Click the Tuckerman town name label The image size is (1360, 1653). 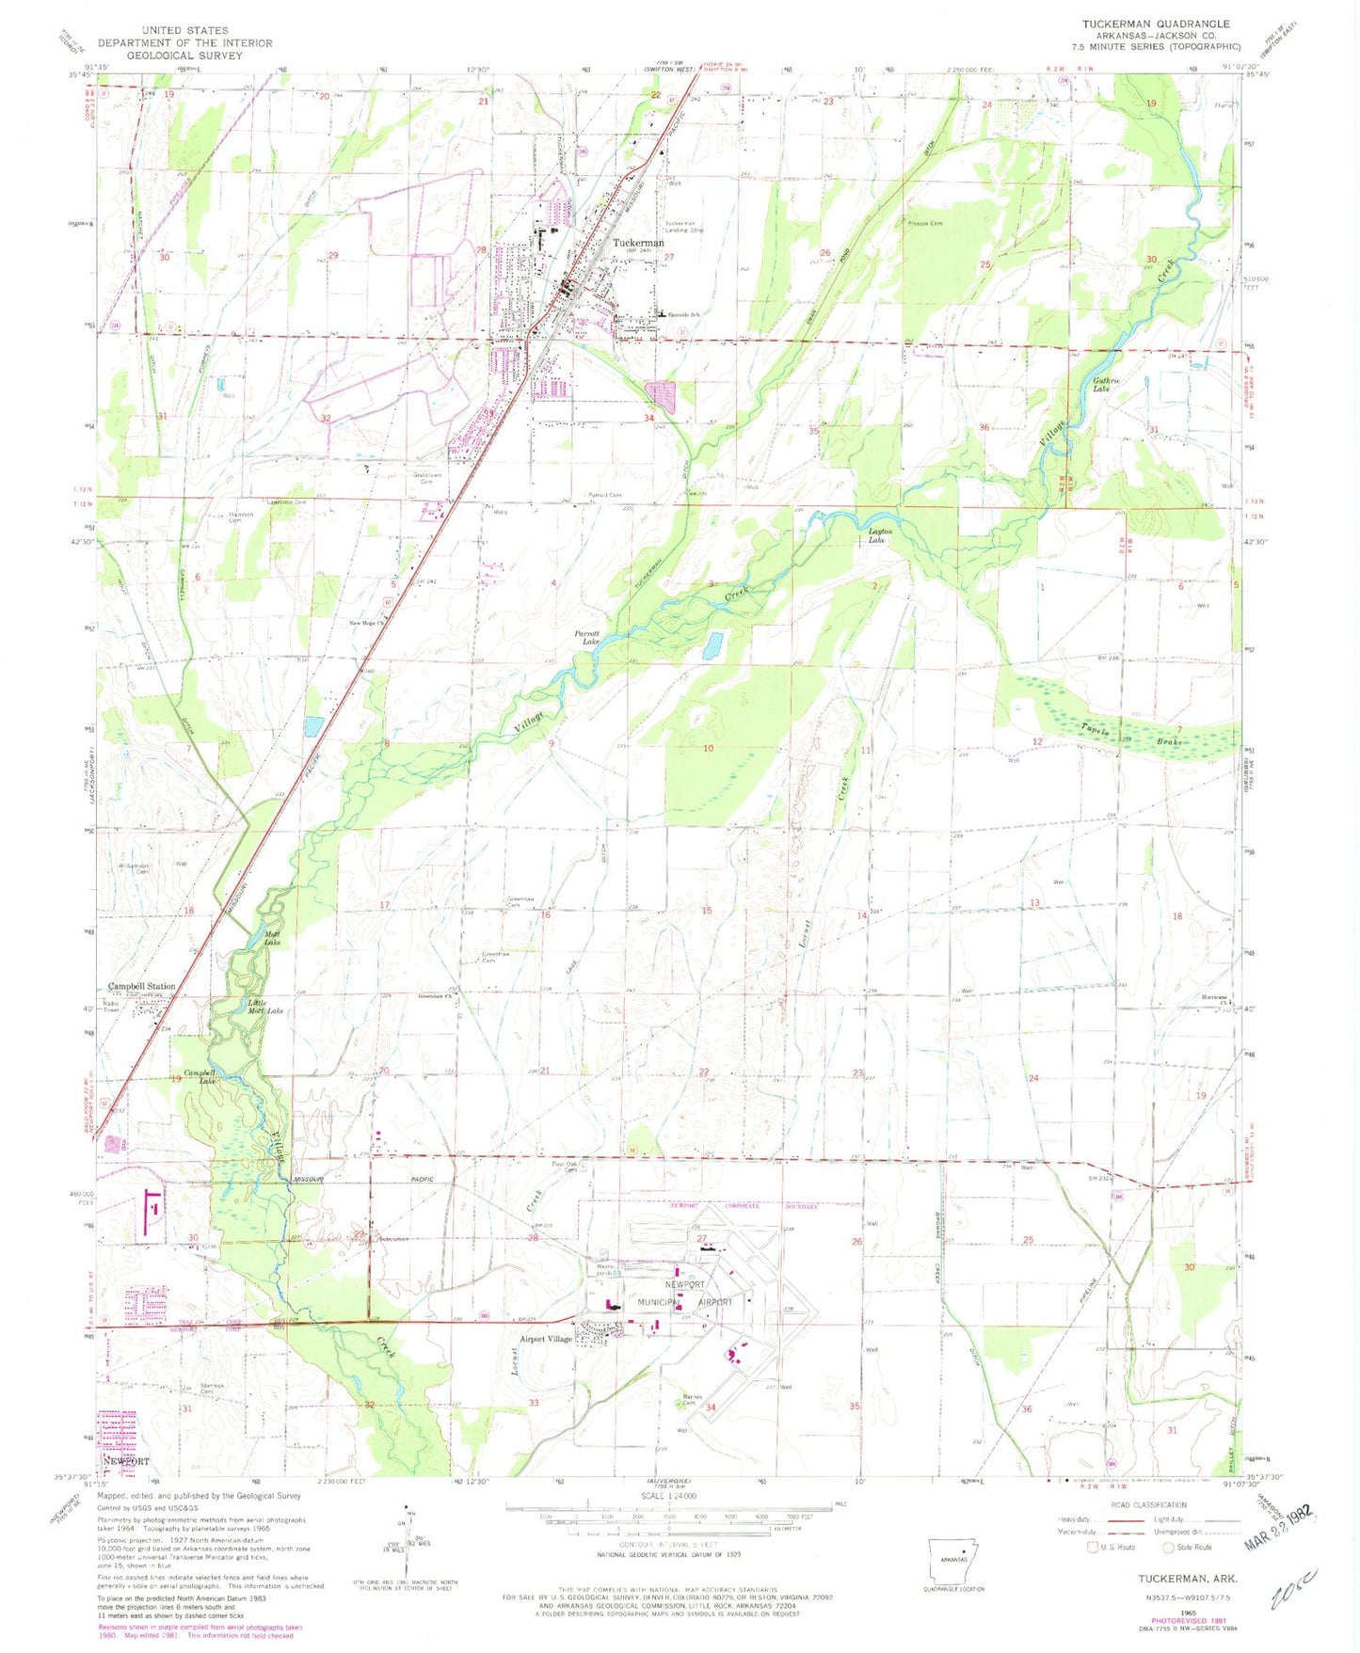(x=638, y=243)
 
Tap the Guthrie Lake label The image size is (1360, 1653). (x=1102, y=384)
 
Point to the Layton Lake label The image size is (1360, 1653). (x=877, y=536)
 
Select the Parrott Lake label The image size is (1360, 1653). (x=587, y=638)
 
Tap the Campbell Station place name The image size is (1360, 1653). (x=141, y=987)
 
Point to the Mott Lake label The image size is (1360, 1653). (x=273, y=937)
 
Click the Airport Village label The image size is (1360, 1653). (x=546, y=1339)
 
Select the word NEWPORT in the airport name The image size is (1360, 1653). (x=685, y=1284)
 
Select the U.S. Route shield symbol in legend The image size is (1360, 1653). (x=1092, y=1547)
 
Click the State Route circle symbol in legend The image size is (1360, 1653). (x=1168, y=1547)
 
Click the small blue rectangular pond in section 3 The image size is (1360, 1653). (x=713, y=645)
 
